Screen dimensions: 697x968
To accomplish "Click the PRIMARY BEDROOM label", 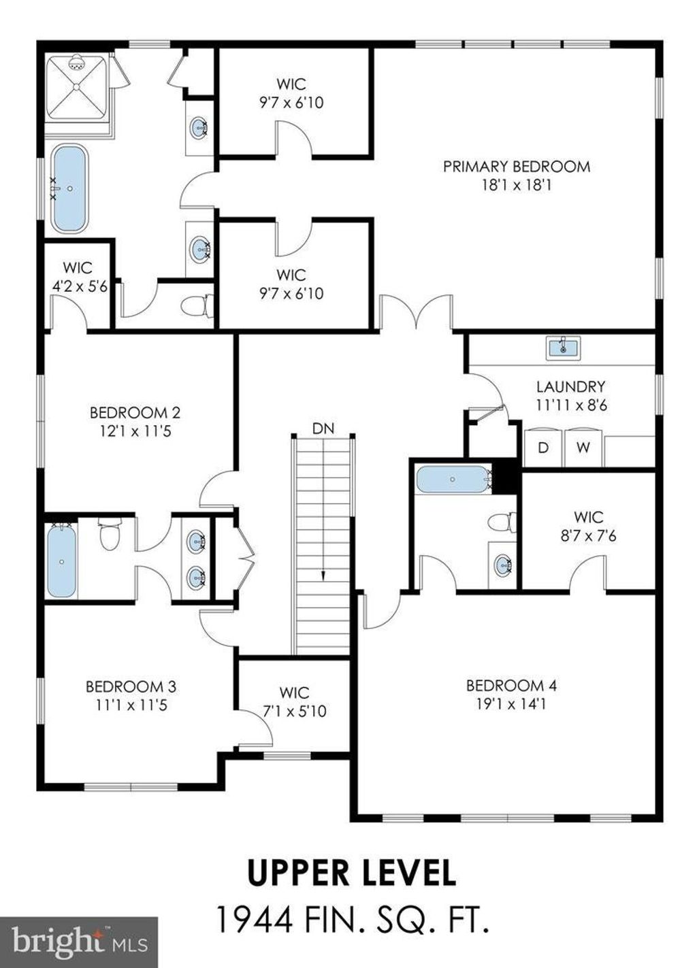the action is click(517, 167).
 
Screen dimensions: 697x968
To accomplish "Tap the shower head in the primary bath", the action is click(76, 63).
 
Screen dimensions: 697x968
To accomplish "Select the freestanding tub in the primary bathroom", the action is click(69, 189).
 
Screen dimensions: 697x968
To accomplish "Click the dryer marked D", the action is click(543, 448).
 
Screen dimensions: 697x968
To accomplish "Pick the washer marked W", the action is click(584, 448).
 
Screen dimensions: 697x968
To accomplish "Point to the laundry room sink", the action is click(564, 348).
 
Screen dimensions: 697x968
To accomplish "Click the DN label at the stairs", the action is click(323, 429).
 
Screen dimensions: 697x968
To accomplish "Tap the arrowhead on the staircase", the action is click(323, 575).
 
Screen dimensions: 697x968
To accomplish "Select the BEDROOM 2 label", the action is click(135, 413).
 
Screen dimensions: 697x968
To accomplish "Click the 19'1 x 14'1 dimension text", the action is click(511, 704).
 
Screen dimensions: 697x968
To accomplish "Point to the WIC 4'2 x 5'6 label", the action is click(79, 277).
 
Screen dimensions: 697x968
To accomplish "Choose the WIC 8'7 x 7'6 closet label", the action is click(589, 527).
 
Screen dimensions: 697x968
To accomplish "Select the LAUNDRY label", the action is click(571, 386).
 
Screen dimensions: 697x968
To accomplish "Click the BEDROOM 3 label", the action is click(131, 686).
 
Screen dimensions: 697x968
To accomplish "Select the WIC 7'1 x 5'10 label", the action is click(295, 701).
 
